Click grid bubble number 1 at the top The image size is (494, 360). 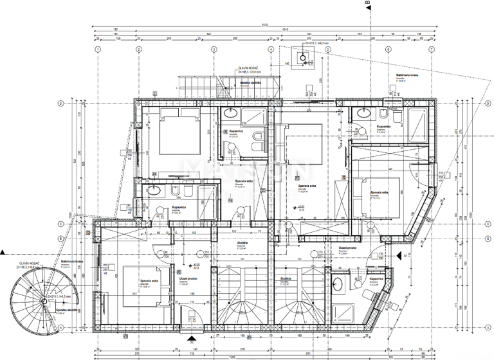(x=98, y=49)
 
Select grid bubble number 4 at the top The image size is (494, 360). (x=271, y=49)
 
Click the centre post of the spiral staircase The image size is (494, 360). (x=42, y=301)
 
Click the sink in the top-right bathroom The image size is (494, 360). (x=361, y=114)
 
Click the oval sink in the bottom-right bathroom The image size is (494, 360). (x=339, y=282)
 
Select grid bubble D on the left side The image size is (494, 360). (x=60, y=103)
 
